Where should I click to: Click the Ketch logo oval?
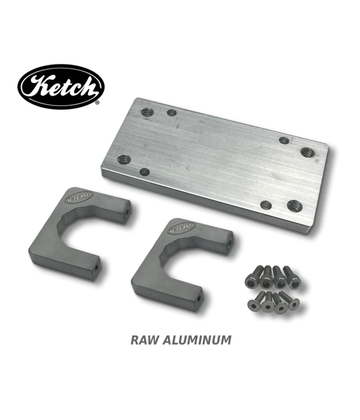coord(61,86)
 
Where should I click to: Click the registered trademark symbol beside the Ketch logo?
coord(98,103)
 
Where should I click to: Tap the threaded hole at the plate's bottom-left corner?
coord(124,160)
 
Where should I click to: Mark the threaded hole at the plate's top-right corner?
coord(307,152)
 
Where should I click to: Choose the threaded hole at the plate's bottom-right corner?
coord(293,206)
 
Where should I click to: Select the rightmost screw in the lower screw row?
coord(293,302)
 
